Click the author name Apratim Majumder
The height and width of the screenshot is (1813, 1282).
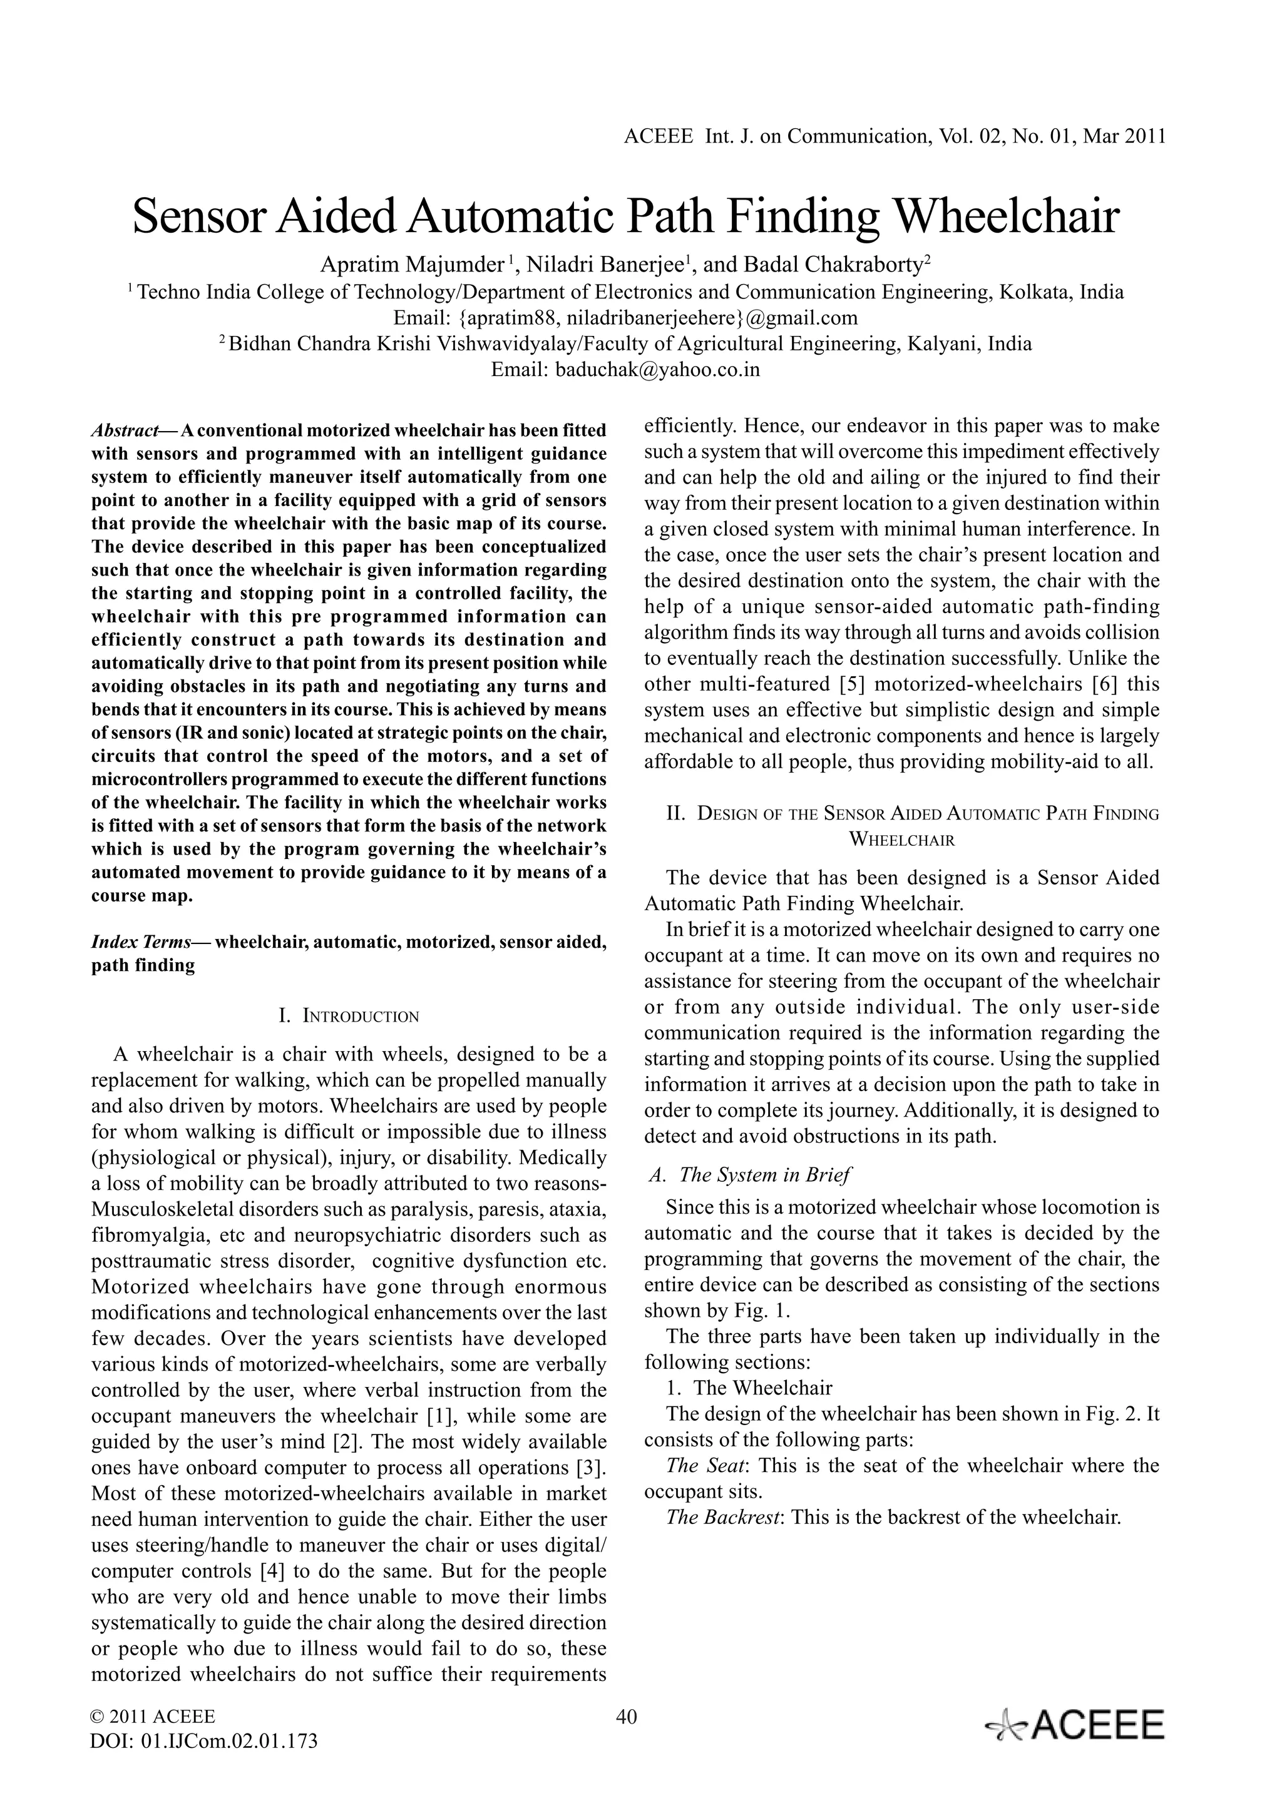411,264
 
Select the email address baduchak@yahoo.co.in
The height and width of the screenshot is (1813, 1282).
657,370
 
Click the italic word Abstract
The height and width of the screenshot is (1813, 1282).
125,430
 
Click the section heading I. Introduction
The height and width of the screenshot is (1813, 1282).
349,1016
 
